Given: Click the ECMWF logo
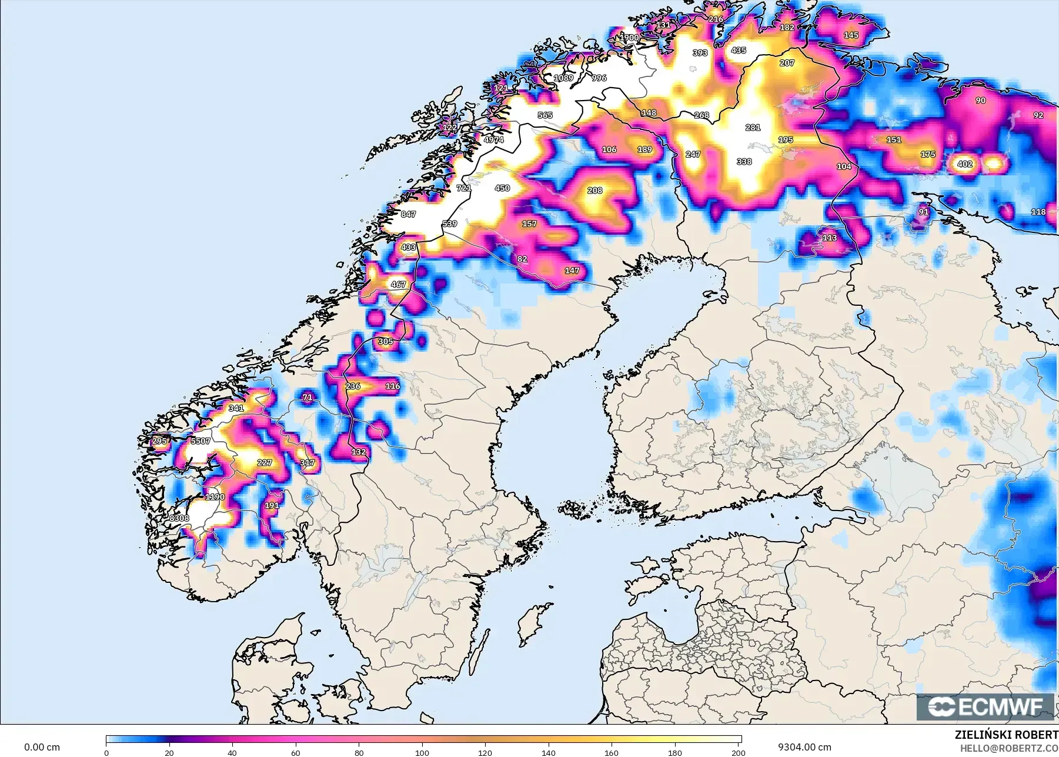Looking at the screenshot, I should tap(986, 706).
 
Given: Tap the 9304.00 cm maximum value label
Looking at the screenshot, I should tap(804, 747).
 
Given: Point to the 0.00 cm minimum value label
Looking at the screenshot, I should tap(42, 747).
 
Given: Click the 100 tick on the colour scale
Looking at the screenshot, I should tap(422, 752).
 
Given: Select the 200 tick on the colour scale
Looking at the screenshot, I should tap(738, 752).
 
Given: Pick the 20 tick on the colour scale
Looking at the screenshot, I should tap(169, 752).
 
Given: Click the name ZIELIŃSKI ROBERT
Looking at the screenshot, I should tap(1006, 735).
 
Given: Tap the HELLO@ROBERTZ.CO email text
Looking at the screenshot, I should tap(1009, 748).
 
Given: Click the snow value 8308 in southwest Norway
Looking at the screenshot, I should tap(179, 518).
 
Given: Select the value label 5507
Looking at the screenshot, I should tap(201, 441).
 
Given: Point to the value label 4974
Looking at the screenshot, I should tap(494, 140).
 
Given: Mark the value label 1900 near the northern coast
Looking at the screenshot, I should tap(630, 38).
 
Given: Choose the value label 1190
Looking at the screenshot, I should tap(215, 497).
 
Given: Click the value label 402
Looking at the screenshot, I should tap(965, 164).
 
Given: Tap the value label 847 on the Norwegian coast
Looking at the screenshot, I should tap(408, 214).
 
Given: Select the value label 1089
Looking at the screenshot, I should tap(563, 78).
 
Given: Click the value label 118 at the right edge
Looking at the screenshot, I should tap(1038, 212).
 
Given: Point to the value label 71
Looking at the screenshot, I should tap(308, 398).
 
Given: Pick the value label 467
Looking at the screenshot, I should tap(398, 284).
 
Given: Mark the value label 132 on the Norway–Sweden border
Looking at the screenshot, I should tap(359, 452).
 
